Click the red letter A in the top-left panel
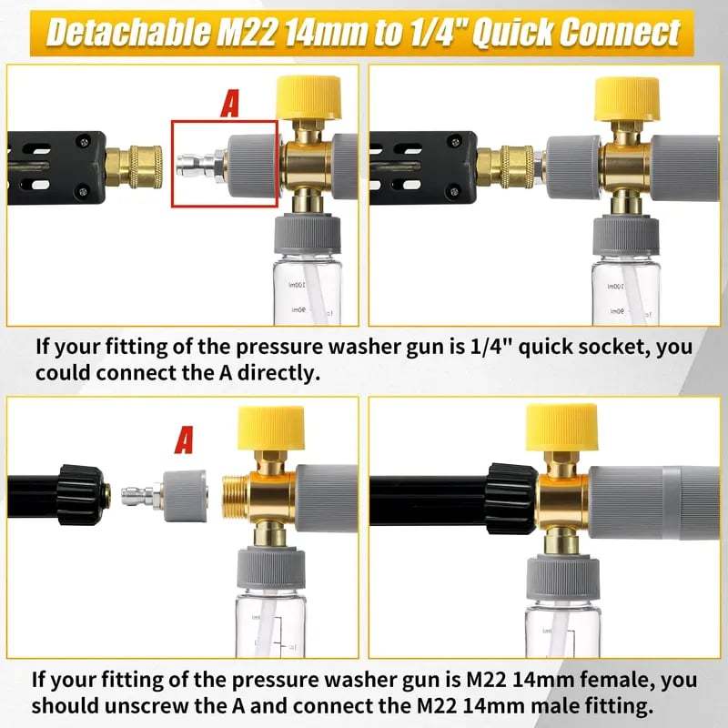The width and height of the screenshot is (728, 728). (230, 103)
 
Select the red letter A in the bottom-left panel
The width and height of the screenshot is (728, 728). (185, 441)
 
